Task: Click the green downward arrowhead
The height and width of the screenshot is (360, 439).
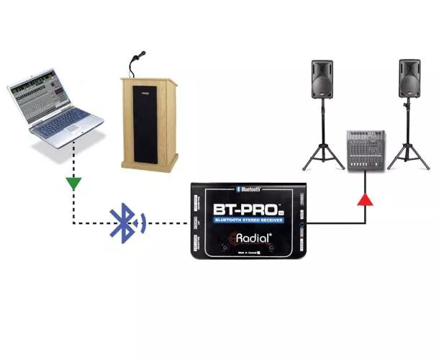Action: tap(72, 184)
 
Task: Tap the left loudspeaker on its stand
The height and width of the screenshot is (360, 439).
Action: tap(322, 79)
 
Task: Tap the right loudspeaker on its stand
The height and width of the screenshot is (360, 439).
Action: tap(409, 79)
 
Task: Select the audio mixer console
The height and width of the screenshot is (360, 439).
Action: tap(366, 150)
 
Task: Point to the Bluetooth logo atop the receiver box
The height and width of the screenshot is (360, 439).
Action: tap(248, 189)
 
